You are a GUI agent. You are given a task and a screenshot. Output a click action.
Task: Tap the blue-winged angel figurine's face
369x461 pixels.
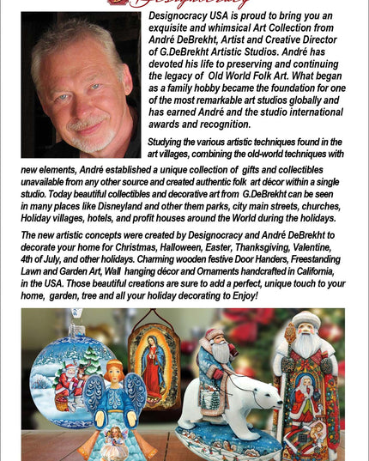(x=117, y=373)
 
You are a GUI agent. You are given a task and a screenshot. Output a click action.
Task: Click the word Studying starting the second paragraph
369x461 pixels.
(x=172, y=142)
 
